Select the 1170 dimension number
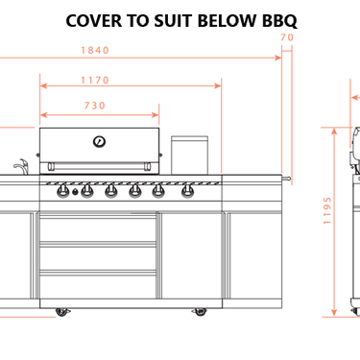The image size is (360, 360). [x=95, y=80]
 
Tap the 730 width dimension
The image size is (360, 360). [x=95, y=106]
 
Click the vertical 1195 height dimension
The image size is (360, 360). [x=327, y=210]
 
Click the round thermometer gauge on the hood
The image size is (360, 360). [x=99, y=141]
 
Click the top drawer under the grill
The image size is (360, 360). [x=97, y=228]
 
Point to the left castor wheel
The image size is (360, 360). [x=62, y=310]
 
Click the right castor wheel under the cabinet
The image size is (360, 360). [x=202, y=310]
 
